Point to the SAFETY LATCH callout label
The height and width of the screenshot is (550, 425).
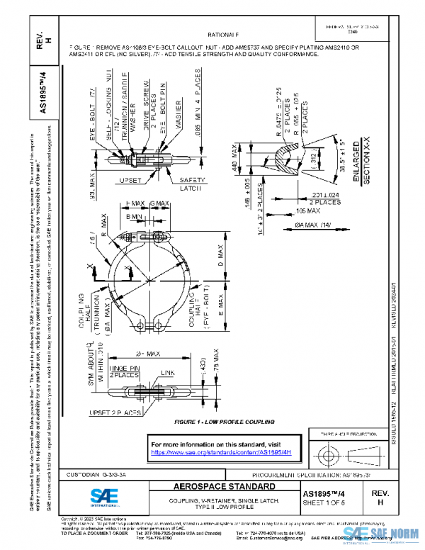pyautogui.click(x=191, y=184)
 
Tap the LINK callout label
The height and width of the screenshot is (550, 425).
pyautogui.click(x=169, y=372)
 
